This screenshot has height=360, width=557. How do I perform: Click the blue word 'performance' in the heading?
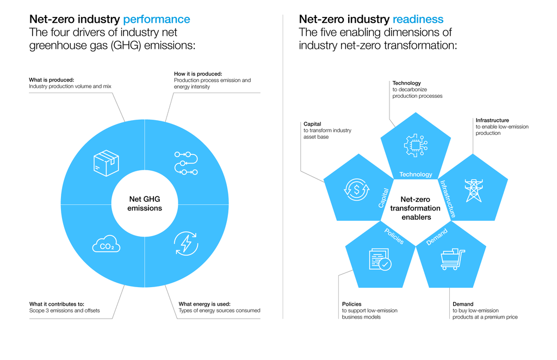[x=157, y=20]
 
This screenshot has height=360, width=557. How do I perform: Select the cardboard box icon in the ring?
[x=106, y=163]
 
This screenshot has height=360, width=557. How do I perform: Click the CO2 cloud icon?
[x=106, y=245]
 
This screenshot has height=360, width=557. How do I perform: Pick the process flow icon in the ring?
[x=185, y=163]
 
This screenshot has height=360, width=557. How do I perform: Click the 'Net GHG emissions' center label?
[x=145, y=204]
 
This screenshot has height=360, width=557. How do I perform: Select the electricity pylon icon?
[x=473, y=190]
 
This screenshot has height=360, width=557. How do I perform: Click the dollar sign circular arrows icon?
[x=356, y=189]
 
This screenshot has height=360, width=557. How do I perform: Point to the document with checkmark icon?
[x=380, y=259]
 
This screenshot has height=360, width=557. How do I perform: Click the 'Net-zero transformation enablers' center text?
[x=415, y=208]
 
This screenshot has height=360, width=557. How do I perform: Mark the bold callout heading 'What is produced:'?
[x=52, y=80]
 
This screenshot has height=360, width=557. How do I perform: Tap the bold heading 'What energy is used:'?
[x=205, y=304]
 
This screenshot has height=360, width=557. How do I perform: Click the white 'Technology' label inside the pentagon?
[x=416, y=175]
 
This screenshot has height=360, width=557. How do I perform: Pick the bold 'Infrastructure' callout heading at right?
[x=492, y=120]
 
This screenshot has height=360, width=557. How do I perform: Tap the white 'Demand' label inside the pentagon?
[x=437, y=237]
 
